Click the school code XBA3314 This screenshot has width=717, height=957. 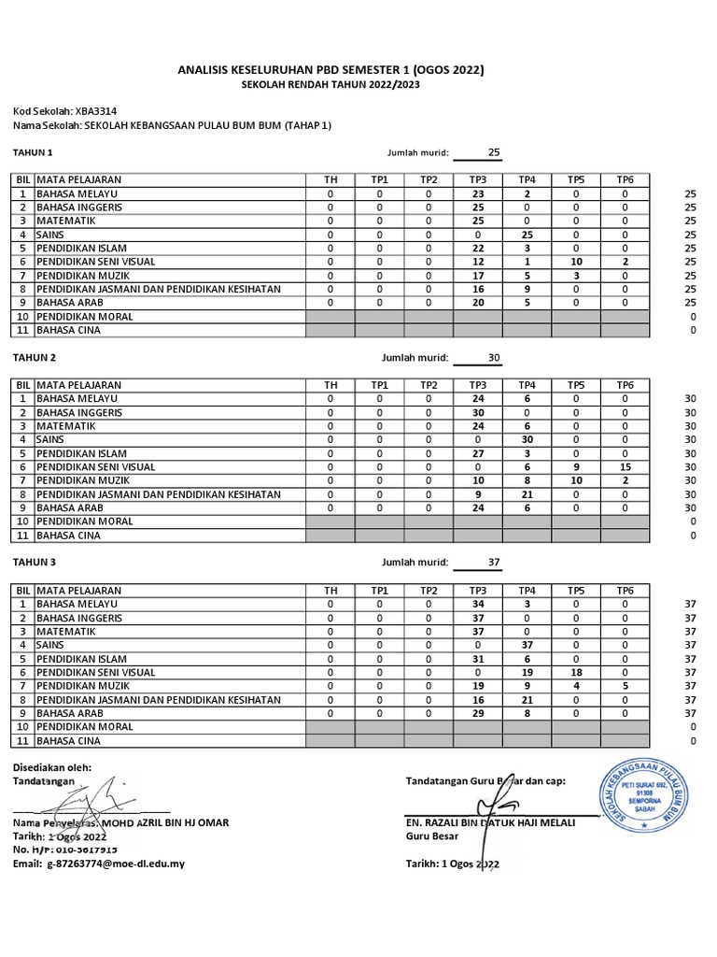(99, 110)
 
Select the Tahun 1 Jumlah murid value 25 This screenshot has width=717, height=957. (495, 152)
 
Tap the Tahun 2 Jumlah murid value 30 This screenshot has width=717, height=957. (495, 358)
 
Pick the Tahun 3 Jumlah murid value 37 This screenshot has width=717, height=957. (495, 563)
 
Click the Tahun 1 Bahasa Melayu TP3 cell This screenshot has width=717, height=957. (477, 193)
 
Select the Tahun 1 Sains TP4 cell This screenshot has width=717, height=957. (527, 235)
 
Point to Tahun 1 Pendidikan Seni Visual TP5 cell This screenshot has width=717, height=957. (576, 262)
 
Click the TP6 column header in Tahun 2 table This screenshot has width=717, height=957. (625, 384)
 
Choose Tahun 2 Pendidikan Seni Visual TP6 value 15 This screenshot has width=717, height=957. (625, 466)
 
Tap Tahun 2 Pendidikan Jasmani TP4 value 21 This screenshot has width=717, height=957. (527, 494)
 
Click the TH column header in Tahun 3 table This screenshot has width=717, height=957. (330, 590)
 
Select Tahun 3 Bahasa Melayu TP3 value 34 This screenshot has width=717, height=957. (477, 604)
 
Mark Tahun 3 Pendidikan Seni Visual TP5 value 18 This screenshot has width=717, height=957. (576, 672)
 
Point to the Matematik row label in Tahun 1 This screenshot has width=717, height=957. (67, 221)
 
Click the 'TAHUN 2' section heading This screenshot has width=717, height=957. (34, 358)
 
